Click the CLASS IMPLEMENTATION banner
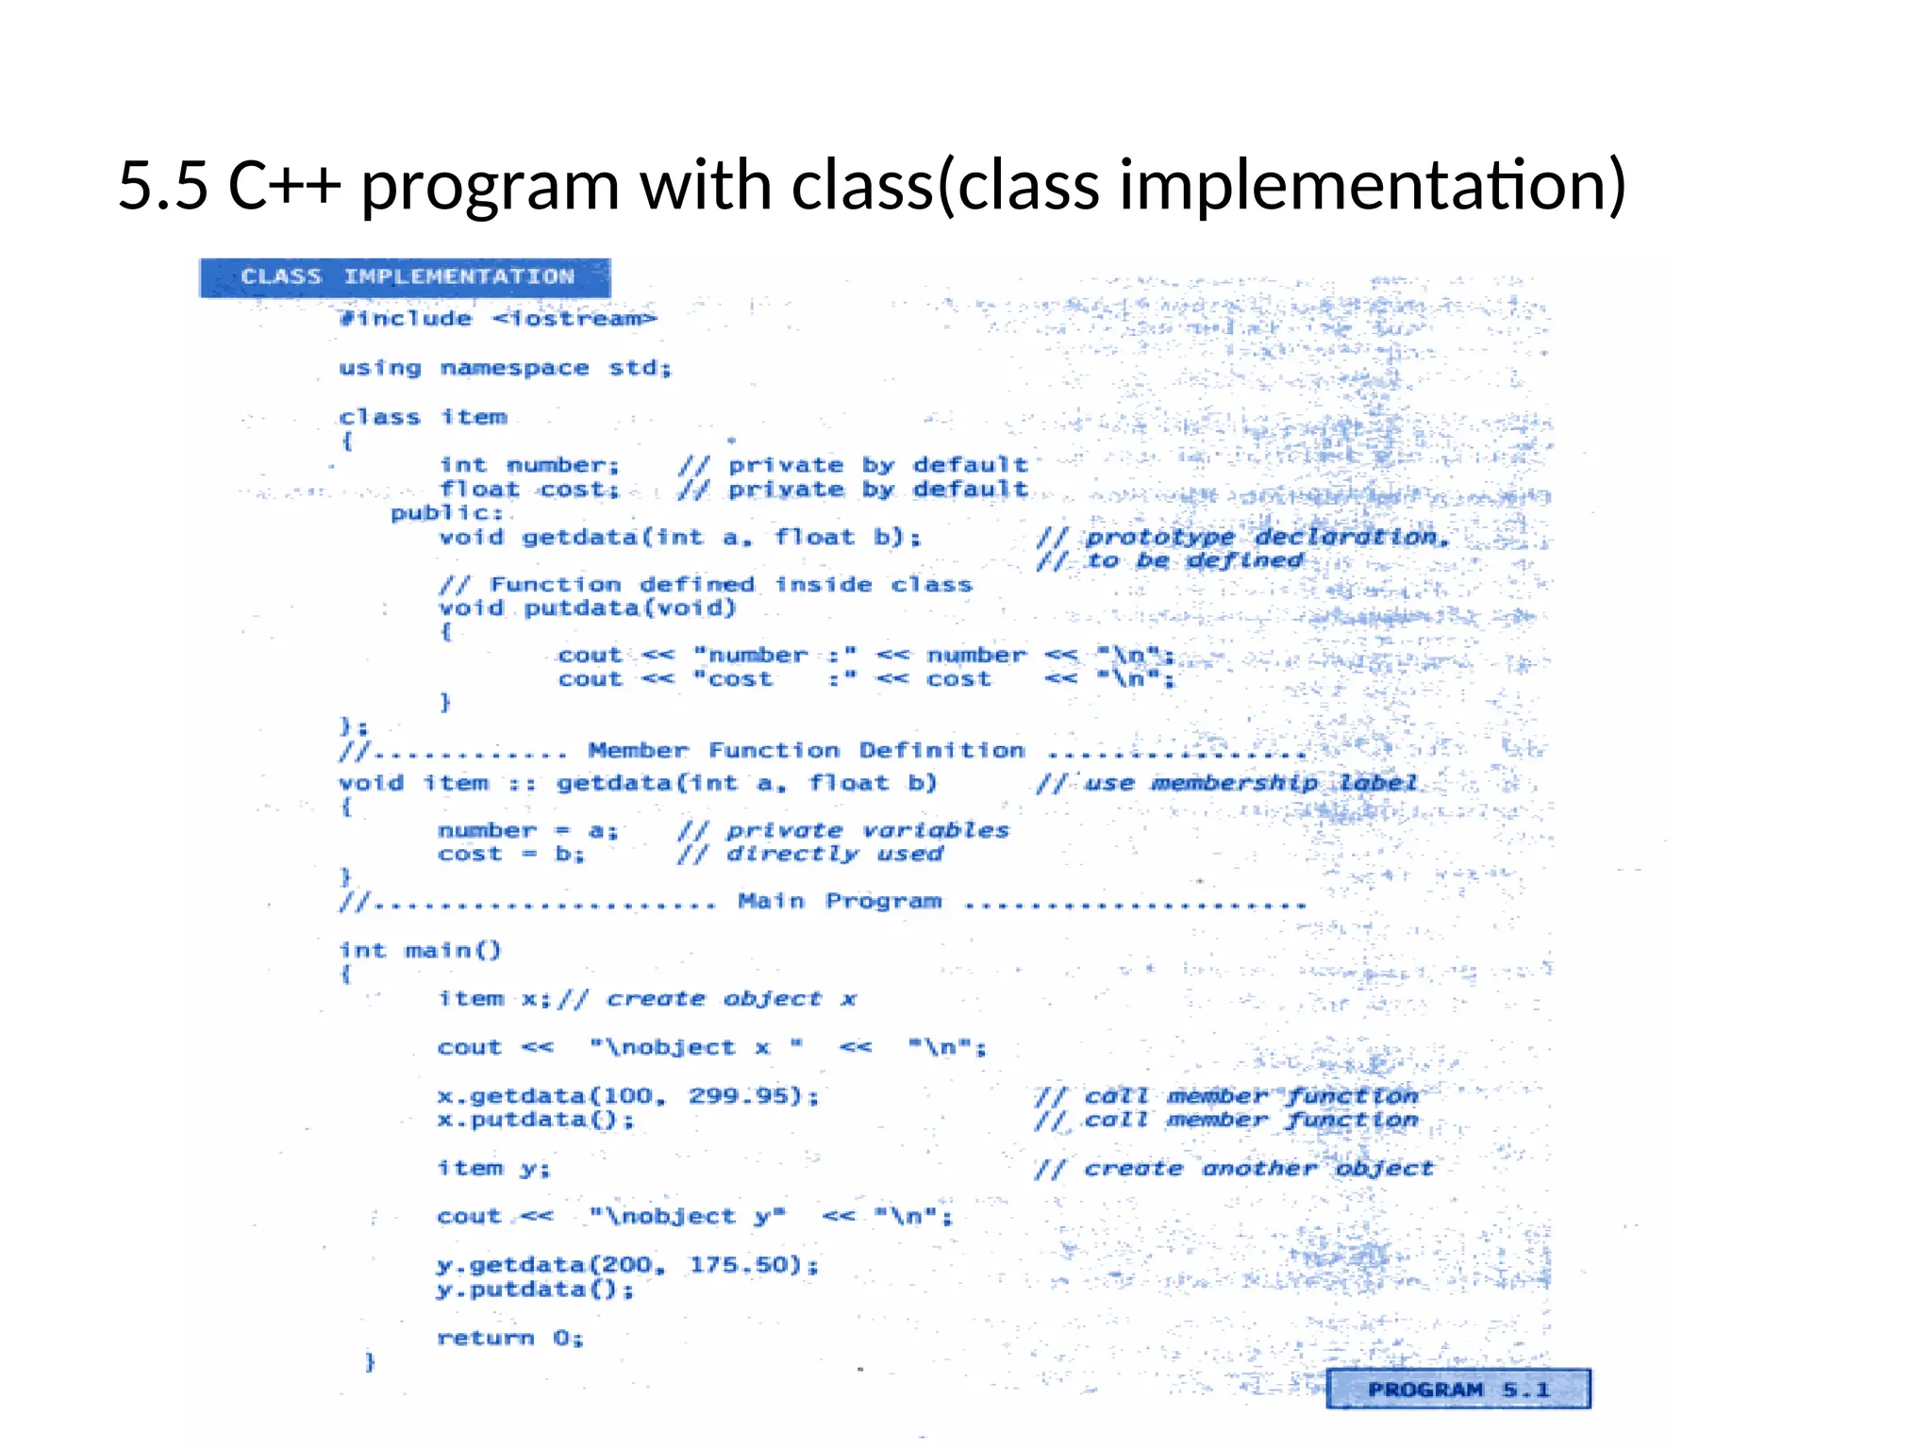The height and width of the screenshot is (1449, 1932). point(406,277)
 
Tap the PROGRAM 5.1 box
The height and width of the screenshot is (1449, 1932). point(1457,1389)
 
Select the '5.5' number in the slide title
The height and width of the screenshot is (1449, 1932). point(162,186)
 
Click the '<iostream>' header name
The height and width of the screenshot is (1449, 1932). point(574,319)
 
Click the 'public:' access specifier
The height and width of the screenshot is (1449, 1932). point(447,513)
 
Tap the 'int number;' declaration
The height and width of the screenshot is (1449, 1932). point(529,465)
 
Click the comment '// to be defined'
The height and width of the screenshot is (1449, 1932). point(1170,560)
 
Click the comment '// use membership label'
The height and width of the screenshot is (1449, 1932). point(1226,783)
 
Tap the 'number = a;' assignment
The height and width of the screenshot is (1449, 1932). point(527,831)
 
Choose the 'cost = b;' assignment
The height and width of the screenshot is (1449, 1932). point(510,855)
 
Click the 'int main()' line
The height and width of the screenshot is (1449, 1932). point(420,950)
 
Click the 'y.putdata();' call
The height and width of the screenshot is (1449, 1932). point(535,1290)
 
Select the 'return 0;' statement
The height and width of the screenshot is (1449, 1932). point(510,1338)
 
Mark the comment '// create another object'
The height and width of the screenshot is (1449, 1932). point(1234,1169)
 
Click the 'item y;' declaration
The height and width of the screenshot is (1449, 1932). point(493,1169)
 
